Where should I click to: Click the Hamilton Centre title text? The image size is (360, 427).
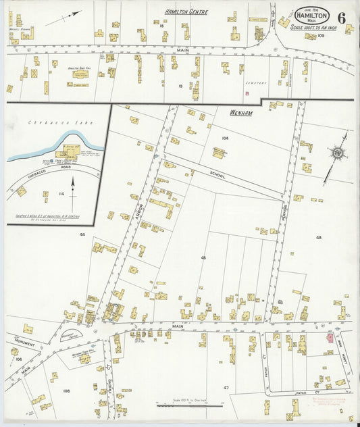coord(186,11)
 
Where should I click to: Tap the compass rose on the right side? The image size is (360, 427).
coord(335,153)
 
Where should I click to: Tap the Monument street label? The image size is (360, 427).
coord(25,343)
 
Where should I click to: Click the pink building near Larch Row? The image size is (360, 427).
coord(330,336)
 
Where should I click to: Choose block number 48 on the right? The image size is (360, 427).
coord(318,237)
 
